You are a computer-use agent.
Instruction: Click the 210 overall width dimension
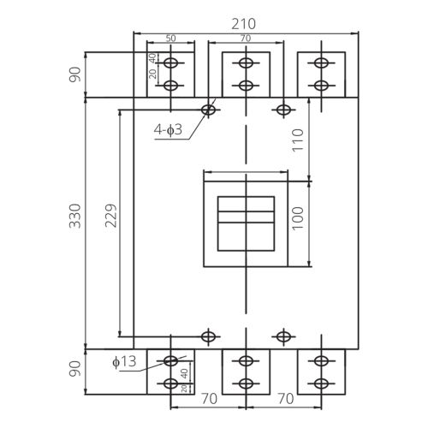pyautogui.click(x=243, y=24)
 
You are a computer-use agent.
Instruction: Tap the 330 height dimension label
pyautogui.click(x=75, y=216)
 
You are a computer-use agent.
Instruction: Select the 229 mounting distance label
pyautogui.click(x=111, y=216)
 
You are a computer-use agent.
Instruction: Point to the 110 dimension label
pyautogui.click(x=298, y=140)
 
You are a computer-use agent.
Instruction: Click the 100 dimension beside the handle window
pyautogui.click(x=298, y=218)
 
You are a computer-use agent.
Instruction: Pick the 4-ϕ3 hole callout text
pyautogui.click(x=168, y=130)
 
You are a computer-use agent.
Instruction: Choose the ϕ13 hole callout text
pyautogui.click(x=124, y=362)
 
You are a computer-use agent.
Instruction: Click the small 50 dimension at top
pyautogui.click(x=171, y=39)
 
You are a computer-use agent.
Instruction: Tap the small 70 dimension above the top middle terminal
pyautogui.click(x=246, y=39)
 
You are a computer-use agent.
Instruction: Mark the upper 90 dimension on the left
pyautogui.click(x=75, y=74)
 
